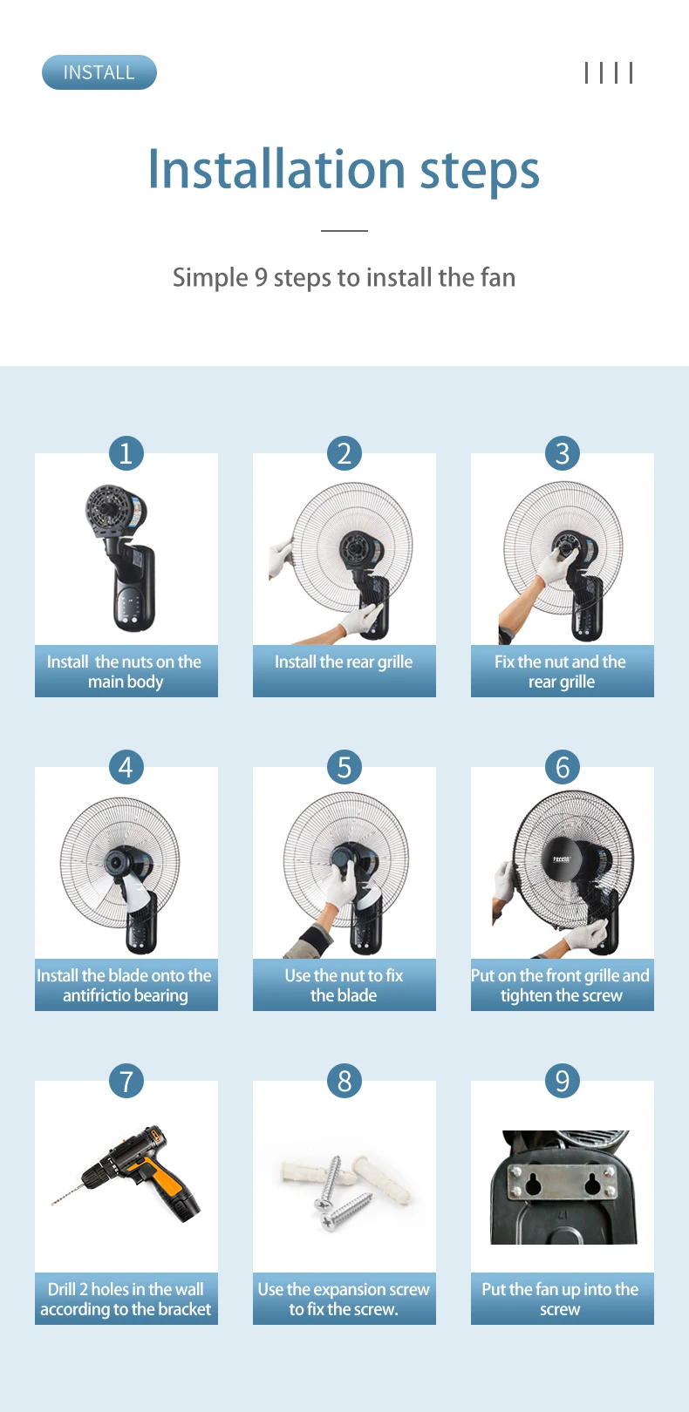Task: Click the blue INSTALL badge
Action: [99, 72]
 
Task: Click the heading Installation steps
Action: [344, 170]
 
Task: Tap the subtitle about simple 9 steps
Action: [344, 277]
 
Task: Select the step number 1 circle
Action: [126, 452]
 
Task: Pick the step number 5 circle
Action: [344, 766]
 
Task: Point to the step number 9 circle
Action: [563, 1081]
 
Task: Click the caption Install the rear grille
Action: [344, 662]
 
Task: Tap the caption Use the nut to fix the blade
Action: [344, 985]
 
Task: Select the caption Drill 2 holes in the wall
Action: [126, 1300]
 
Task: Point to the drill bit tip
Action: [52, 1205]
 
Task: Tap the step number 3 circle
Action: [563, 452]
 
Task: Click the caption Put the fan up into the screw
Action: [561, 1300]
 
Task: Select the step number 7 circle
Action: [126, 1081]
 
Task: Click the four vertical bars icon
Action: [609, 72]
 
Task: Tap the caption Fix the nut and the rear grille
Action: [561, 671]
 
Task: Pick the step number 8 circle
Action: [344, 1081]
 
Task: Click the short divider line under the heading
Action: [344, 231]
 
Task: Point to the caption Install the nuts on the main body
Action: [125, 671]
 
